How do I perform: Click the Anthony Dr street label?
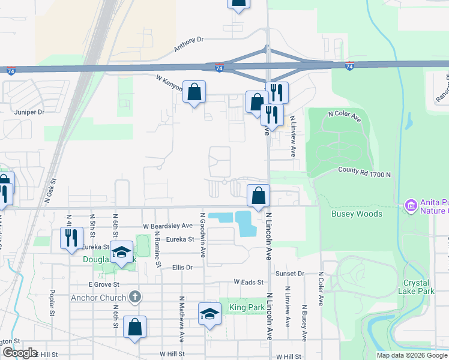[x=189, y=44]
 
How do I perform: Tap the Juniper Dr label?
[x=30, y=112]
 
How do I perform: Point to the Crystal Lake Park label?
[x=416, y=287]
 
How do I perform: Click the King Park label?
[x=242, y=308]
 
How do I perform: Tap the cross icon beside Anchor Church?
[x=136, y=297]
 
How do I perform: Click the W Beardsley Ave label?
[x=167, y=226]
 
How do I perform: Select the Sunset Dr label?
[x=290, y=274]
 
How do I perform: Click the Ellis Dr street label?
[x=182, y=268]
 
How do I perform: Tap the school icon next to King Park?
[x=209, y=314]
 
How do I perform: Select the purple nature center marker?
[x=411, y=206]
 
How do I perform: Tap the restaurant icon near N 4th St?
[x=71, y=238]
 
